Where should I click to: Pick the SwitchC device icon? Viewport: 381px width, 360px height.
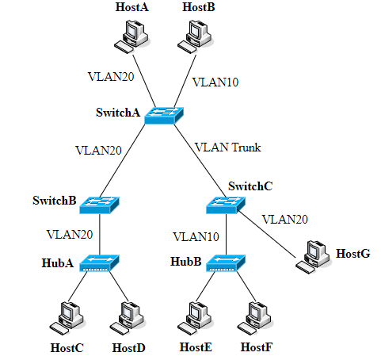227,204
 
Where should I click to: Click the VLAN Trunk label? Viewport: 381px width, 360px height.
227,147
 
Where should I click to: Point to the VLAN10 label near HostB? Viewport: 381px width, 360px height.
215,81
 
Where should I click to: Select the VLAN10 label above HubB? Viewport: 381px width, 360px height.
196,236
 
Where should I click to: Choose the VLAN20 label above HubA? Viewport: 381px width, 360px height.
70,235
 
